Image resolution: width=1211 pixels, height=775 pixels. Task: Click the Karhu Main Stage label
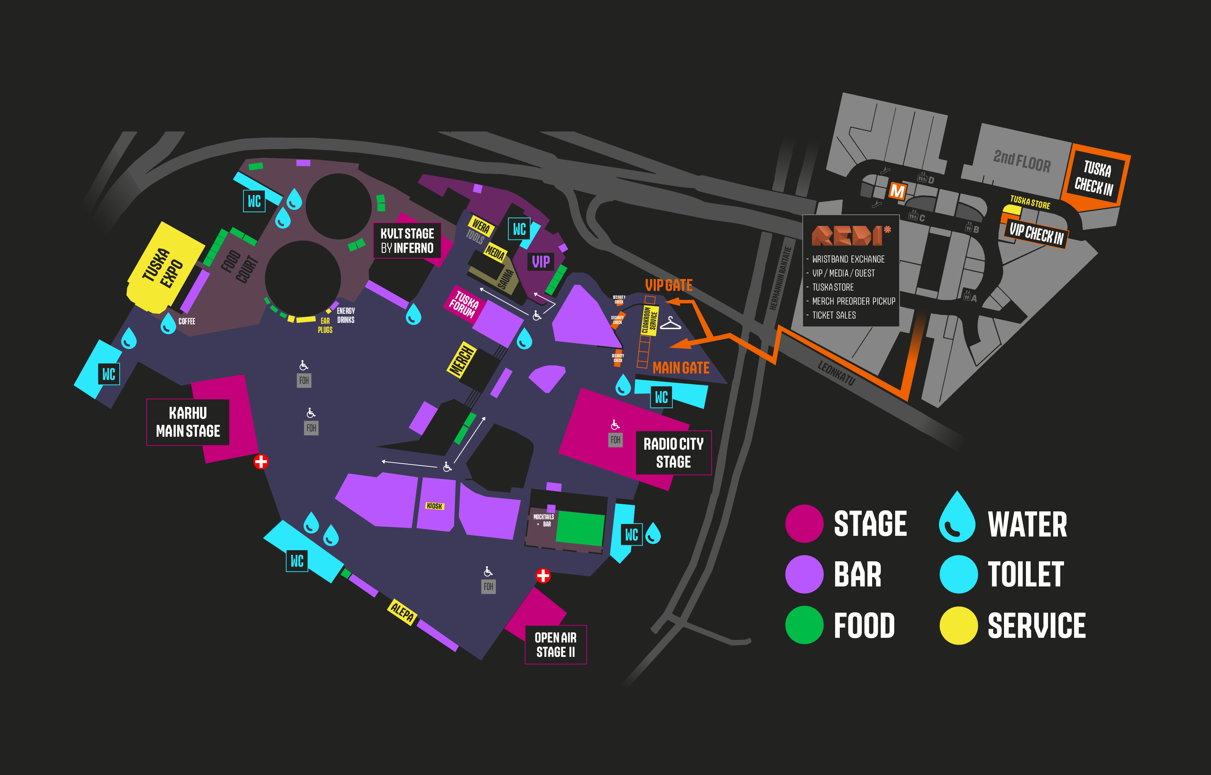tap(188, 422)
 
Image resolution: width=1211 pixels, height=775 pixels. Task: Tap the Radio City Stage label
tap(673, 453)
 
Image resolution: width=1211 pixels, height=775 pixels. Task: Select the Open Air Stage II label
tap(556, 645)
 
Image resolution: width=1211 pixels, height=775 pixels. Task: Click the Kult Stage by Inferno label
tap(407, 241)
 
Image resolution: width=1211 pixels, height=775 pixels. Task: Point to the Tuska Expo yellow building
tap(164, 267)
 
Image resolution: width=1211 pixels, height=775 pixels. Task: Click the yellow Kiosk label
tap(434, 506)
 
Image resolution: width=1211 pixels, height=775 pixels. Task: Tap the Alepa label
tap(402, 612)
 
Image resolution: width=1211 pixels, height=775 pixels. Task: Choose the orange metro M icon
tap(897, 191)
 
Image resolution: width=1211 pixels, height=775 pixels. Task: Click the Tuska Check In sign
tap(1094, 178)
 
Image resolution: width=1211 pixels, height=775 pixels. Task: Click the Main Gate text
tap(681, 368)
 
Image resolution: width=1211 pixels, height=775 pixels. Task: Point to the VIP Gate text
tap(669, 286)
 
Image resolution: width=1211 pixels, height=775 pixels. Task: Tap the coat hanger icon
tap(670, 323)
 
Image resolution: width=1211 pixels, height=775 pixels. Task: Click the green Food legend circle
tap(804, 625)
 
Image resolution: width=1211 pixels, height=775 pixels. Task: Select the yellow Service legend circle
tap(958, 625)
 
